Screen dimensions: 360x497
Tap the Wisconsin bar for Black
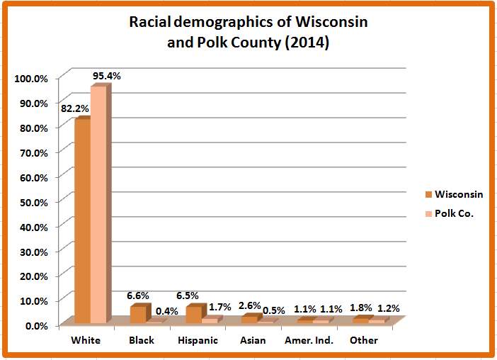[137, 315]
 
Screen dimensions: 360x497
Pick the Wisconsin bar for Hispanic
[193, 315]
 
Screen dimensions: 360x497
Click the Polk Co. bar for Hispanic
[210, 320]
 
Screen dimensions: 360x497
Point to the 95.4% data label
[105, 75]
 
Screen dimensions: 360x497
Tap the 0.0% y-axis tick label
[35, 325]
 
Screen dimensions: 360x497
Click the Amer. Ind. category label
[309, 341]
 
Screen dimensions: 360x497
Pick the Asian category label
[253, 341]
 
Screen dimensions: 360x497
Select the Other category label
[364, 341]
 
